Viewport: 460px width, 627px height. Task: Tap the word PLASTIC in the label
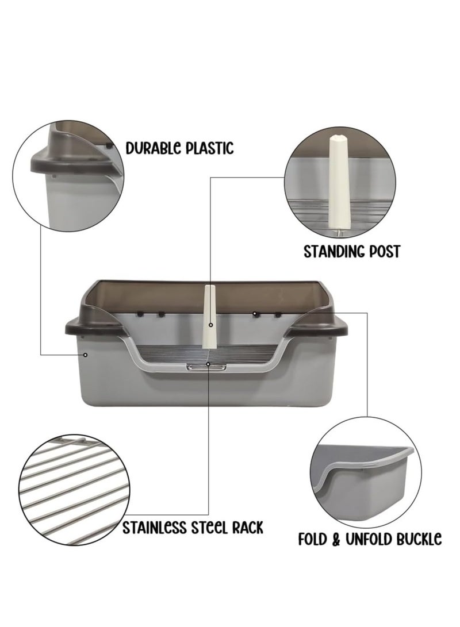[x=209, y=148]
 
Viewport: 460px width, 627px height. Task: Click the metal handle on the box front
[x=206, y=366]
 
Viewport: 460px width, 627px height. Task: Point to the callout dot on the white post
[x=210, y=325]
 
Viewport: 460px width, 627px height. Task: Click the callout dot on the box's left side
[x=85, y=355]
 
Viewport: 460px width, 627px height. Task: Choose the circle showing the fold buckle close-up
[x=363, y=471]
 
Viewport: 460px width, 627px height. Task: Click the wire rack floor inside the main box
[x=167, y=357]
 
